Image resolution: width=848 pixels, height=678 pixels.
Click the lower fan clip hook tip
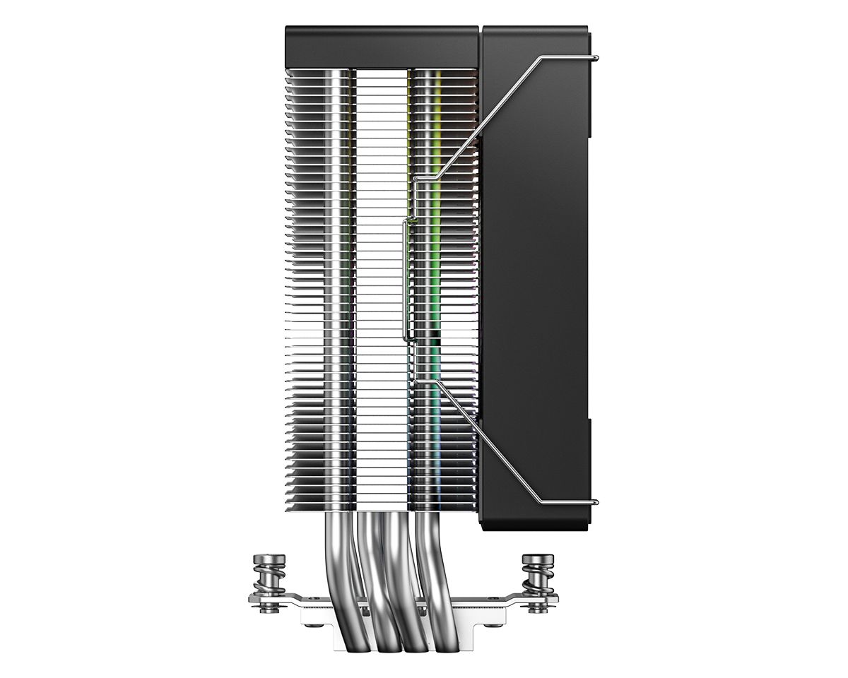click(x=597, y=502)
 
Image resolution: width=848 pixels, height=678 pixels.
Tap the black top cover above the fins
click(x=382, y=47)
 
